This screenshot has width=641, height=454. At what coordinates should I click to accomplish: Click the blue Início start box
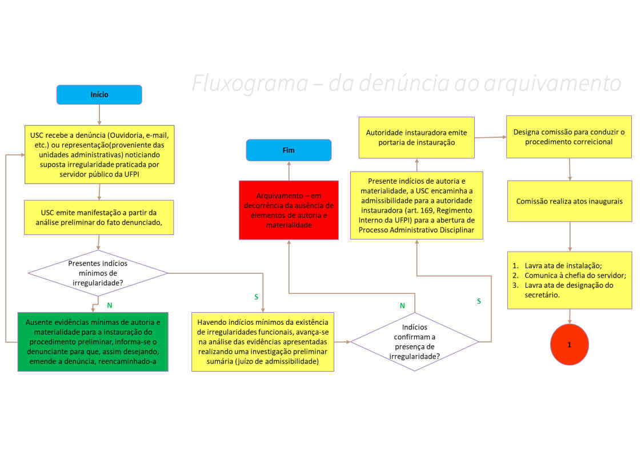[x=99, y=94]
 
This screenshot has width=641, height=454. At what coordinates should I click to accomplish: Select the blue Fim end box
[x=289, y=150]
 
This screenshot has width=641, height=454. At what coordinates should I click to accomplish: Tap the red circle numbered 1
[x=570, y=344]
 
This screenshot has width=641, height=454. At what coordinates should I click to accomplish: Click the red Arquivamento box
[x=289, y=210]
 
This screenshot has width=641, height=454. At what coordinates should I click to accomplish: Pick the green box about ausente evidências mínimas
[x=93, y=342]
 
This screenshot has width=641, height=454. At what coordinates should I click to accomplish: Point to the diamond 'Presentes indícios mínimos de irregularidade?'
[x=98, y=273]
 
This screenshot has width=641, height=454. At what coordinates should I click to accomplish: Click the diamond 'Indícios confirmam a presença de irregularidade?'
[x=415, y=341]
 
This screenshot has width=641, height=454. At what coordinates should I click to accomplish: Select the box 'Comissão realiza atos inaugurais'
[x=570, y=201]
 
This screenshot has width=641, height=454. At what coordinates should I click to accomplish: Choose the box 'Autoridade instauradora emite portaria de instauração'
[x=416, y=137]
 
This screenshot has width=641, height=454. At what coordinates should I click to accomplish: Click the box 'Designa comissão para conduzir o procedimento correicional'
[x=569, y=137]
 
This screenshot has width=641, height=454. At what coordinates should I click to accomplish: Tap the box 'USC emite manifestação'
[x=99, y=217]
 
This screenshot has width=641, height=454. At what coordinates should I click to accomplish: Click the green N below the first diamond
[x=110, y=305]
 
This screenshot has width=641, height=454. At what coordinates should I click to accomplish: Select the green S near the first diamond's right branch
[x=257, y=297]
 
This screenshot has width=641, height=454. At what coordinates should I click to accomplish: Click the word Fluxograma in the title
[x=250, y=83]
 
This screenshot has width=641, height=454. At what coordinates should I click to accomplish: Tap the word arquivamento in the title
[x=552, y=84]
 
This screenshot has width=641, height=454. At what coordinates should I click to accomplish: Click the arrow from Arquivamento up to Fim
[x=289, y=171]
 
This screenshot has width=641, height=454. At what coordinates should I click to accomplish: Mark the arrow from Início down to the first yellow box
[x=99, y=115]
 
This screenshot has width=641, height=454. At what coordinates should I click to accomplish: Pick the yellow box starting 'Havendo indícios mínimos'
[x=263, y=342]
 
